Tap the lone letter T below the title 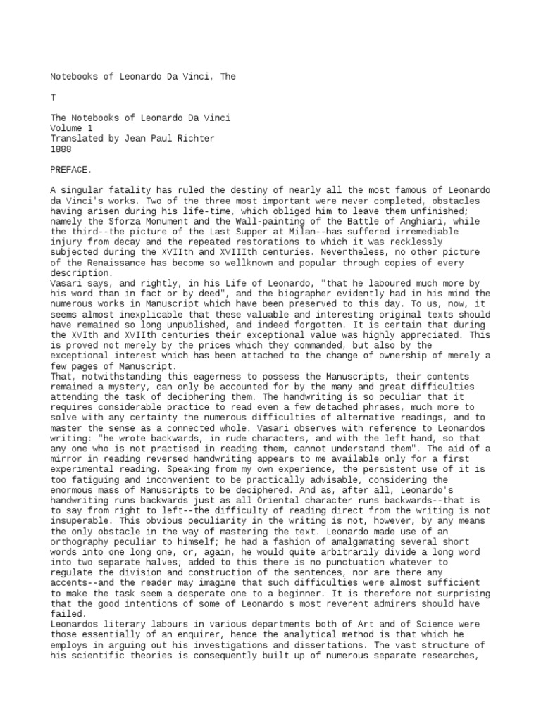52,96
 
